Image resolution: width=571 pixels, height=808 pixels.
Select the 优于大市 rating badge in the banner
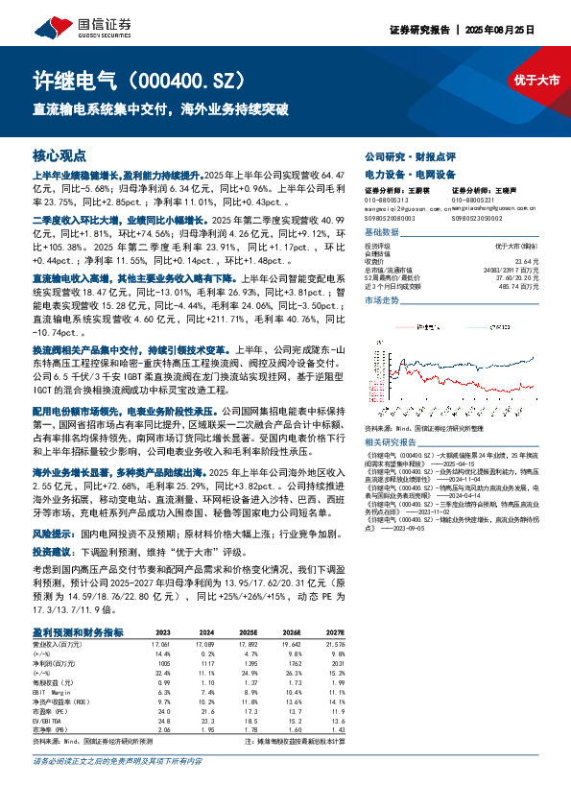pyautogui.click(x=535, y=82)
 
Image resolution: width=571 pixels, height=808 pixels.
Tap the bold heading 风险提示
pyautogui.click(x=55, y=533)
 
